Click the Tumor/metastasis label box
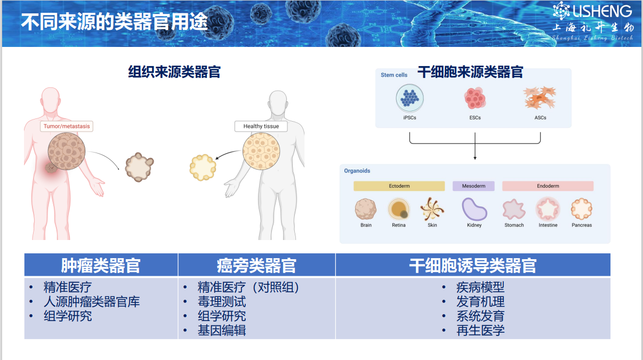[x=67, y=126]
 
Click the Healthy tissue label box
[x=261, y=126]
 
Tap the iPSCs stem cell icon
[x=409, y=99]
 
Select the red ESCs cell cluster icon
[x=475, y=99]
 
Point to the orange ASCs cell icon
[x=540, y=99]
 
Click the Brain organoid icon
[x=366, y=209]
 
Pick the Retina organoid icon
[x=398, y=209]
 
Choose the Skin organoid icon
[x=432, y=209]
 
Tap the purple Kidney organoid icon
[x=474, y=209]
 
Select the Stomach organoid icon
[x=514, y=209]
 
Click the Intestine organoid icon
[x=548, y=209]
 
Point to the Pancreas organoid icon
[x=582, y=209]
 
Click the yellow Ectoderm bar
[x=399, y=186]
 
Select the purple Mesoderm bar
[x=473, y=186]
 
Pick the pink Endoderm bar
[x=548, y=186]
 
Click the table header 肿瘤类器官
[x=101, y=265]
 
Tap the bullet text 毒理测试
[x=222, y=302]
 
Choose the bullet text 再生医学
[x=480, y=330]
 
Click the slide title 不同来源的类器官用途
[x=114, y=22]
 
